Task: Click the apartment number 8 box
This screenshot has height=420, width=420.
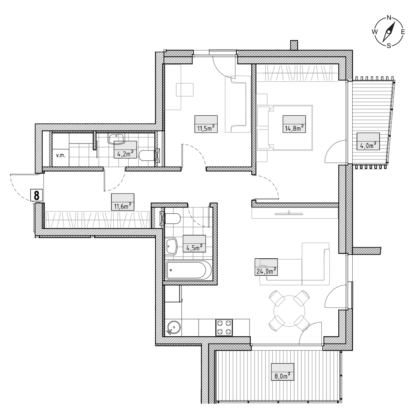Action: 36,195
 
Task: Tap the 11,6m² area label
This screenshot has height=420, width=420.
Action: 123,202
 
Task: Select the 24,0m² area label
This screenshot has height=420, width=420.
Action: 266,267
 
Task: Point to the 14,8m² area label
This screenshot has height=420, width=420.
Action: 294,124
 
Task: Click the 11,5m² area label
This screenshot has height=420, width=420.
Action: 206,124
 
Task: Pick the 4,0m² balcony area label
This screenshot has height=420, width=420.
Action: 368,141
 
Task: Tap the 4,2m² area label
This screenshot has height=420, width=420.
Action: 125,150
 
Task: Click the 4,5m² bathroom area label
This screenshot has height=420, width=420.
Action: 194,244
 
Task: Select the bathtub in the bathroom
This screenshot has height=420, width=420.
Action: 189,270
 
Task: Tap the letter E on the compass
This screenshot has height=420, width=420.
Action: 403,32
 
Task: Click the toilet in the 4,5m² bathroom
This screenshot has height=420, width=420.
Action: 173,218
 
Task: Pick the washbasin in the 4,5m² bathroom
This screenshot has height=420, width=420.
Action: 172,246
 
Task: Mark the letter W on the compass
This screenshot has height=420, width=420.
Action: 375,32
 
